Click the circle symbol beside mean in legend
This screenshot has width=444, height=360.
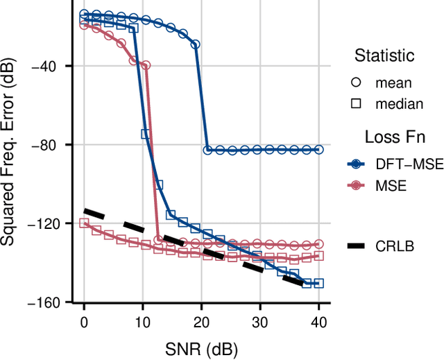click(357, 83)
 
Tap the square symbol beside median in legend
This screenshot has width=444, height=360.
click(357, 103)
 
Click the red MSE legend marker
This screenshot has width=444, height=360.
click(357, 185)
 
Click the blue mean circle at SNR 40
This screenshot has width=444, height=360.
click(319, 149)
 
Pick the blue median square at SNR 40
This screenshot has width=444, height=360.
click(319, 283)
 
